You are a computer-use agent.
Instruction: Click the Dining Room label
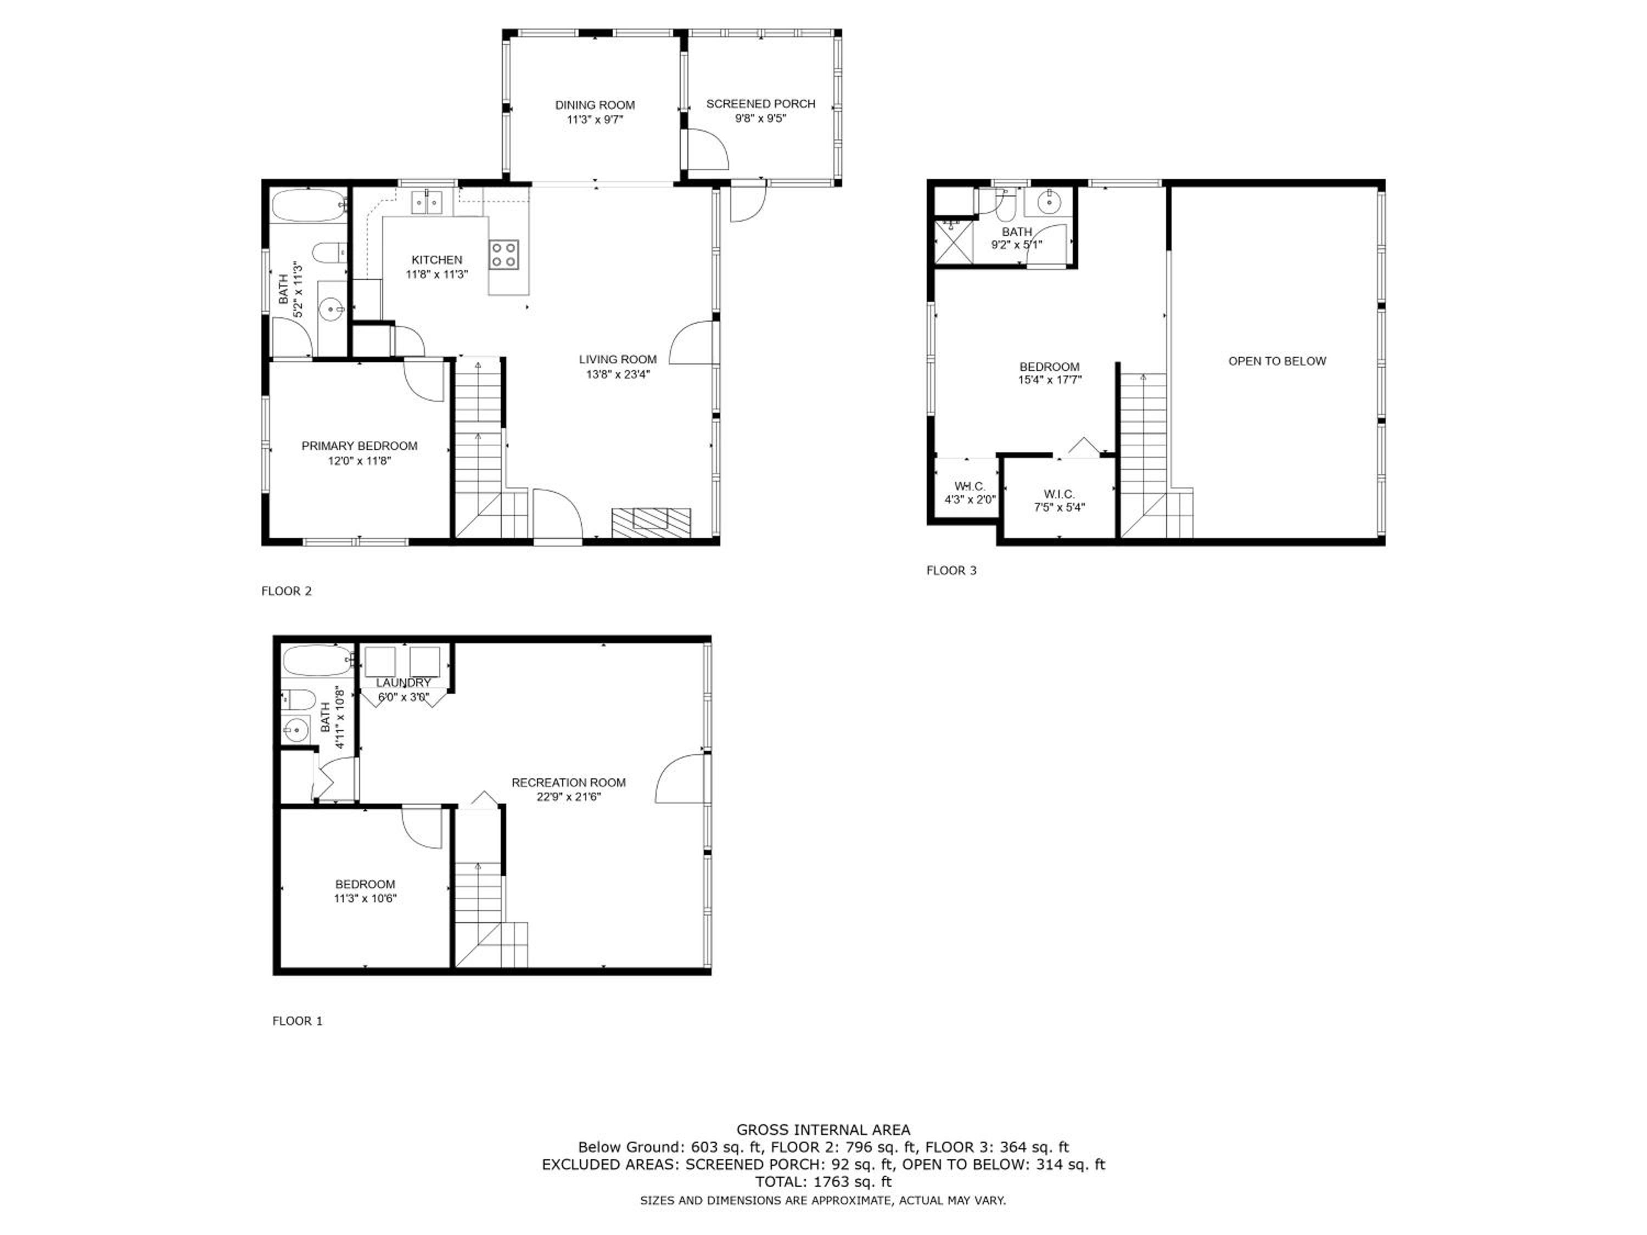coord(595,105)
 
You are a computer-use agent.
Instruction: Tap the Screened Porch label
coord(760,104)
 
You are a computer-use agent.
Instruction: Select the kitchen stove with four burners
coord(503,255)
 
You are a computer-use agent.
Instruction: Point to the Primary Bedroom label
coord(359,446)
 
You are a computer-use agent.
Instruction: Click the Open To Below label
coord(1277,361)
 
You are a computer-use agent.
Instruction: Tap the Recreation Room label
coord(568,782)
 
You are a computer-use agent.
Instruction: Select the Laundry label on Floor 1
coord(403,683)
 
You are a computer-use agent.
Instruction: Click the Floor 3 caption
coord(951,570)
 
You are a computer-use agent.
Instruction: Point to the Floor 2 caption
coord(286,591)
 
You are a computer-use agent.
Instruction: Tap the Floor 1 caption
coord(297,1020)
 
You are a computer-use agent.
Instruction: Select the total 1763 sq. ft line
coord(823,1181)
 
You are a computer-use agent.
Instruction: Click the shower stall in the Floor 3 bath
coord(954,240)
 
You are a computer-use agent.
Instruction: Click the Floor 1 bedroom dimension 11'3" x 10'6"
coord(365,899)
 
